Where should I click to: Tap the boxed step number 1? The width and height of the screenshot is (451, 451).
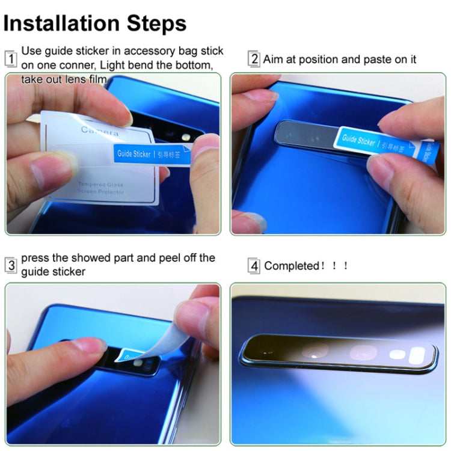(11, 59)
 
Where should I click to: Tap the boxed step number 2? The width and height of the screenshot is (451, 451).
(254, 59)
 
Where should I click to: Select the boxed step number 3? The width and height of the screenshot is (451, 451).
(11, 265)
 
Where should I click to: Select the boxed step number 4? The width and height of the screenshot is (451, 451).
(254, 266)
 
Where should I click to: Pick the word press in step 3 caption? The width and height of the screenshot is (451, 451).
(35, 258)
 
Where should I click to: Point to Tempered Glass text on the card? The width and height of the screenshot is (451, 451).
(101, 185)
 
